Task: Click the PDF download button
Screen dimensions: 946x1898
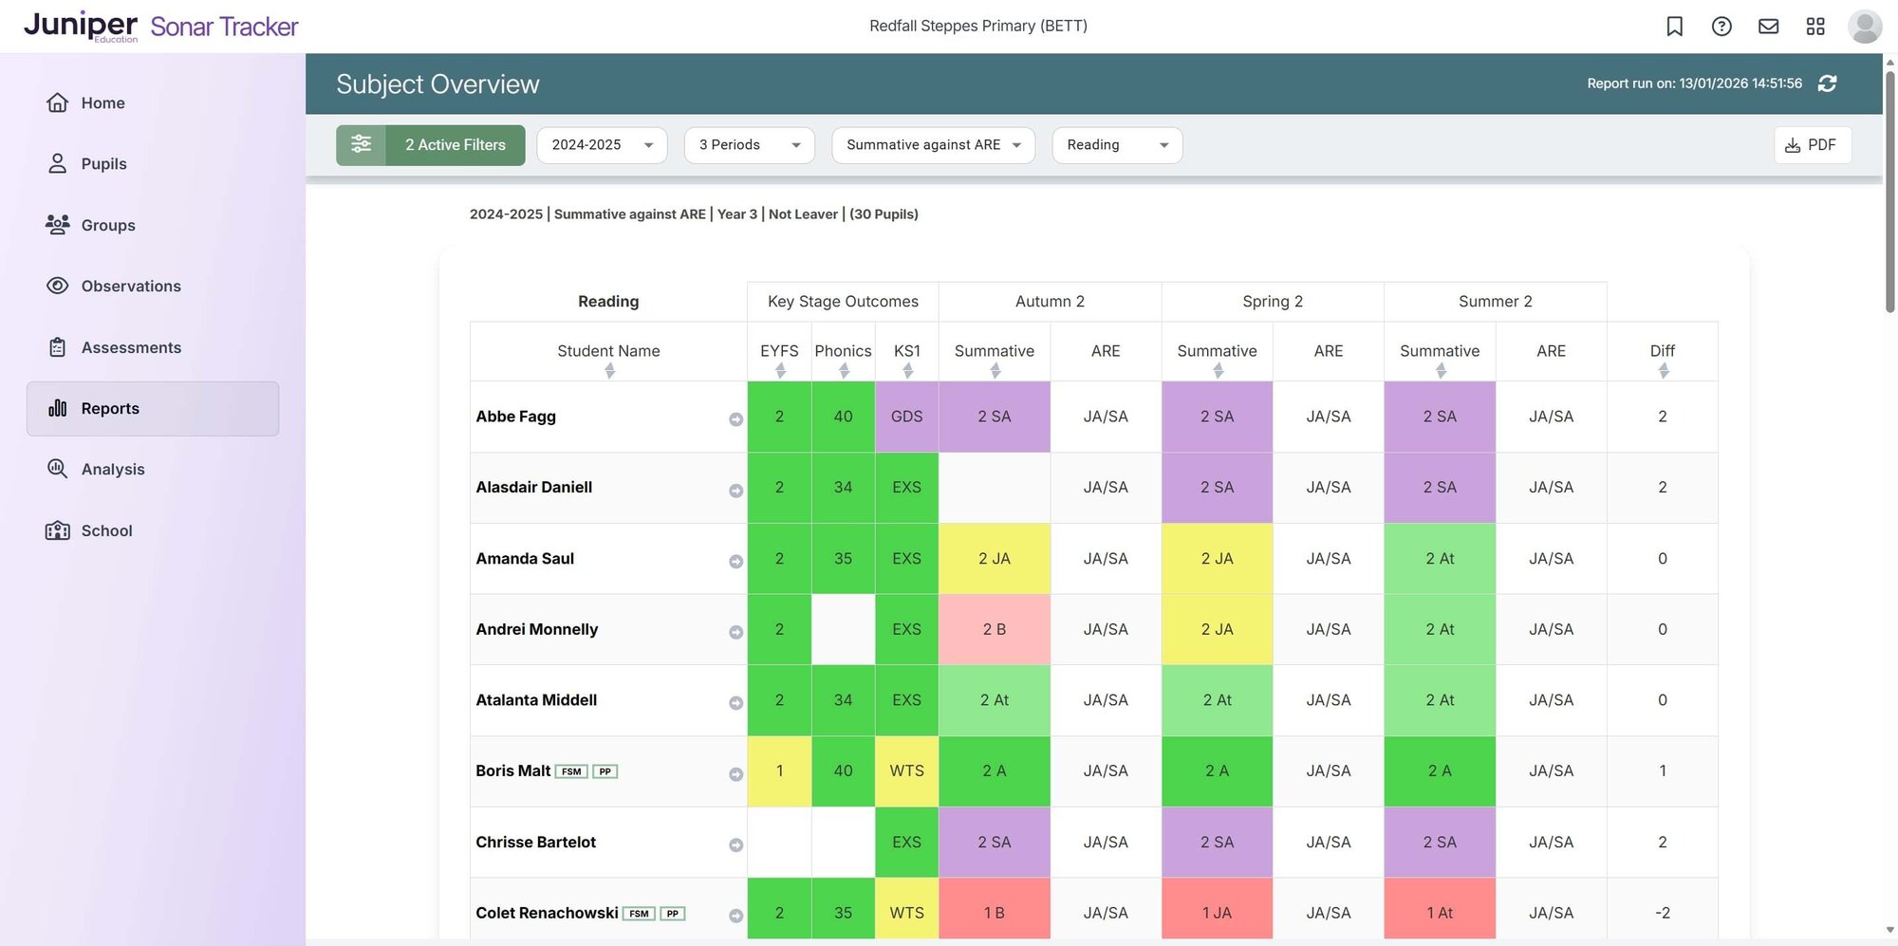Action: (x=1812, y=145)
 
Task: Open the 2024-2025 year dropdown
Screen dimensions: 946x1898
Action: (x=602, y=145)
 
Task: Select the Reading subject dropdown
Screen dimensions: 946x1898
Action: (x=1116, y=145)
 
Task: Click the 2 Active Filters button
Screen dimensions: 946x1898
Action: (x=431, y=145)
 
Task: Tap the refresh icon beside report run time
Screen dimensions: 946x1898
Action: (x=1827, y=83)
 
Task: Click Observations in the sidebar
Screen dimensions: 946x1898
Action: (x=131, y=286)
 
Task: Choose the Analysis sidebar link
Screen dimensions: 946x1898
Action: (x=113, y=469)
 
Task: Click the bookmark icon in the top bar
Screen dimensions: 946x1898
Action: (x=1674, y=27)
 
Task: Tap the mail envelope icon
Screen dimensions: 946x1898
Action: (x=1768, y=27)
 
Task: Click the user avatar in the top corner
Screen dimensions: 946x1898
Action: (x=1864, y=27)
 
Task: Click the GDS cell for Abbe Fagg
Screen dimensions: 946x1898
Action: (x=906, y=417)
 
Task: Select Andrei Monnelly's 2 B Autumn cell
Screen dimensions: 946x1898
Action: (x=994, y=629)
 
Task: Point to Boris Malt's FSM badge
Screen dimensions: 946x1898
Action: (x=571, y=771)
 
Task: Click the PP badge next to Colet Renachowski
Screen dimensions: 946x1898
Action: (x=672, y=914)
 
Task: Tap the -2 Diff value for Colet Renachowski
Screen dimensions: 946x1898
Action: (x=1662, y=913)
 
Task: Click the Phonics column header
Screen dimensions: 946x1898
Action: (x=843, y=351)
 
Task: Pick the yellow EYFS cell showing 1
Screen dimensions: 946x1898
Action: (x=779, y=770)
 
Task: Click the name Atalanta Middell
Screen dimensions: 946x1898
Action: (x=536, y=700)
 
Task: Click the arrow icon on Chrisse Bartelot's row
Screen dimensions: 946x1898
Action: (x=735, y=844)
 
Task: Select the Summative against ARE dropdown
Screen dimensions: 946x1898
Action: (x=933, y=145)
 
